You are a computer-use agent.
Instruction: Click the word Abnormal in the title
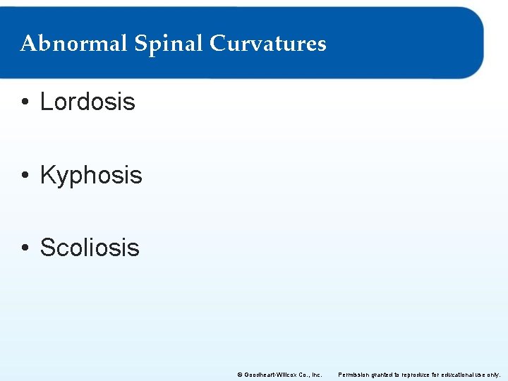(x=74, y=44)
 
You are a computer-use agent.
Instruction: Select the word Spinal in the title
(x=169, y=44)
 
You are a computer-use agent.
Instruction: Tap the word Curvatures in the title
(x=268, y=44)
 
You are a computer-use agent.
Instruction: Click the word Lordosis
(x=87, y=102)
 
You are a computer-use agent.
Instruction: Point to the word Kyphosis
(x=91, y=175)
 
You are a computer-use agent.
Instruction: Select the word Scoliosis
(x=90, y=248)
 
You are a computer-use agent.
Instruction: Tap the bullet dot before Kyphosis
(x=25, y=176)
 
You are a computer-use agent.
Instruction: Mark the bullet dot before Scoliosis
(x=25, y=248)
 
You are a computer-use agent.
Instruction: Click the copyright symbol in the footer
(x=239, y=375)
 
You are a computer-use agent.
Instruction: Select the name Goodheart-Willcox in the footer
(x=268, y=375)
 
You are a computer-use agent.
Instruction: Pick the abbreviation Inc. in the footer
(x=316, y=375)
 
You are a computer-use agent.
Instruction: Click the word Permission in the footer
(x=354, y=375)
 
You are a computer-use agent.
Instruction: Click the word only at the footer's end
(x=494, y=375)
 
